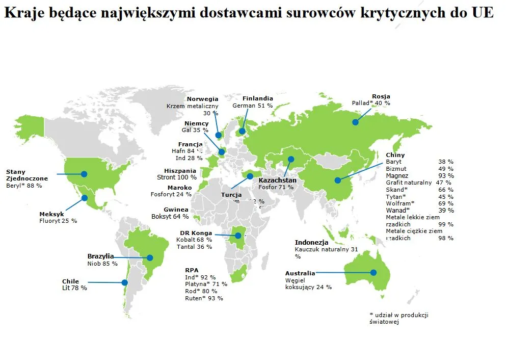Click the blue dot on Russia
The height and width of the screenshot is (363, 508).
click(355, 122)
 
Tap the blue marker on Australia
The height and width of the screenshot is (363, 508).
click(373, 272)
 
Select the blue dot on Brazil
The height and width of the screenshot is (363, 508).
click(150, 257)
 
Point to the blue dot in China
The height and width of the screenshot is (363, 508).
click(337, 180)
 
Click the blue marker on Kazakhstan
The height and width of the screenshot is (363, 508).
click(291, 159)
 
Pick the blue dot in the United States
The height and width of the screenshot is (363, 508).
click(84, 174)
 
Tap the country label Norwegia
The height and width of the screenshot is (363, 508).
click(202, 99)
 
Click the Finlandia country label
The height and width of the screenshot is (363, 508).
click(258, 98)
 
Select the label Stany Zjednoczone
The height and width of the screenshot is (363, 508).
click(26, 175)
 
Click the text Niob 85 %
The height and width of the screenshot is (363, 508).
click(102, 264)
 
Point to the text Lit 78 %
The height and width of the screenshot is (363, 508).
click(74, 288)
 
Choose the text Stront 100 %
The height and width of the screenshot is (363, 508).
click(177, 177)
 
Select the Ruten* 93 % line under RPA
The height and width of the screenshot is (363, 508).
click(204, 298)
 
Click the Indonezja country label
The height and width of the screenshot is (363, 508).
click(311, 243)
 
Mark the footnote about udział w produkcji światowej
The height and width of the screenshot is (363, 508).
click(398, 318)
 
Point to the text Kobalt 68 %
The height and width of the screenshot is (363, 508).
click(194, 240)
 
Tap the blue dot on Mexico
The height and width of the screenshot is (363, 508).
click(85, 197)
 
